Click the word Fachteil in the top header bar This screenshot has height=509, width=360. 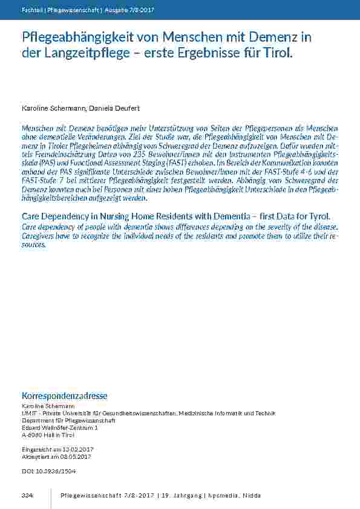point(31,10)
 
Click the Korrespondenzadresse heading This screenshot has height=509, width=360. point(64,396)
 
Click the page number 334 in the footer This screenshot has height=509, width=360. point(27,496)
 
